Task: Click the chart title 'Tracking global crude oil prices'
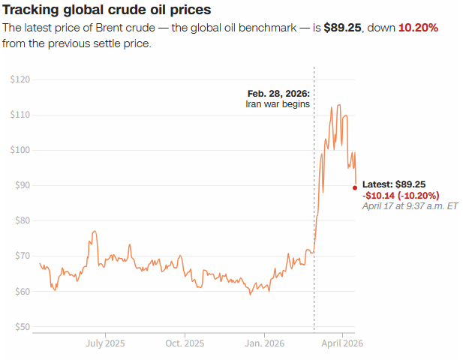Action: coord(107,10)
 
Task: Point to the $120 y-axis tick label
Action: coord(20,79)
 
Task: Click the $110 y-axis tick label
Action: coord(20,115)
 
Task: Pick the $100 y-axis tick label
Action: coord(20,150)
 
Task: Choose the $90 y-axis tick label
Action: coord(23,185)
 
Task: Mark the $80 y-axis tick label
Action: coord(23,220)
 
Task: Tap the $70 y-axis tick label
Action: coord(23,256)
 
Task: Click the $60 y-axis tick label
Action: coord(23,291)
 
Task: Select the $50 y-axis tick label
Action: coord(23,327)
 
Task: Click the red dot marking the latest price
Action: coord(355,187)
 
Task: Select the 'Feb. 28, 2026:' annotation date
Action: coord(278,94)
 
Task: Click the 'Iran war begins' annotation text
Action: coord(278,104)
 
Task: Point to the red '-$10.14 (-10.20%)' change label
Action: coord(401,195)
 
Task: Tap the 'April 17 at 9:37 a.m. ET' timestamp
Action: coord(410,205)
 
